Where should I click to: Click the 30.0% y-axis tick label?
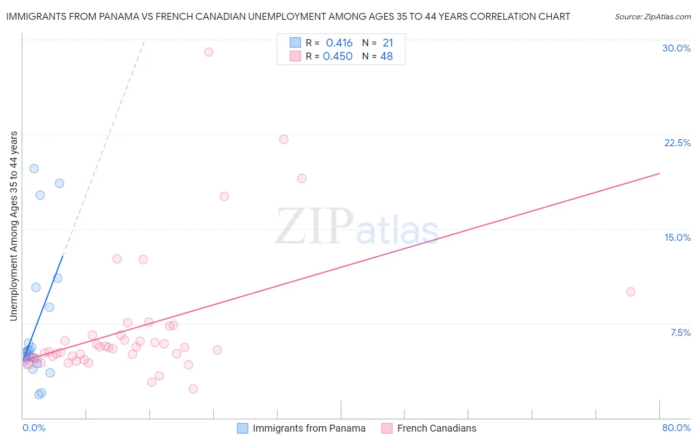676,48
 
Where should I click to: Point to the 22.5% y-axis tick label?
677,143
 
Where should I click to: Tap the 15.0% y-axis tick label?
677,237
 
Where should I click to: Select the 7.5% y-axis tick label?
680,332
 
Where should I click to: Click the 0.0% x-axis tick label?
34,428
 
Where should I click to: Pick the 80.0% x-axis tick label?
676,428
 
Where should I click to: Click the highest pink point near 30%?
209,52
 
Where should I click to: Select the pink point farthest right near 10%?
631,292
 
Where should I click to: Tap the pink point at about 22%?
284,139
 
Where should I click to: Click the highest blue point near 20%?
34,168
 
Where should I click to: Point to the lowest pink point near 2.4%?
193,389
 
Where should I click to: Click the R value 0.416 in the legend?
339,43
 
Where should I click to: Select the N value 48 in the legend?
386,56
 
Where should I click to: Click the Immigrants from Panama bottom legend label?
309,428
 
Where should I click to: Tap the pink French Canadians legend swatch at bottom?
387,428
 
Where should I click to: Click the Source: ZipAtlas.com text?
652,17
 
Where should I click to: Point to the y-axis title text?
14,225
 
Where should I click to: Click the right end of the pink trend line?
659,173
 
